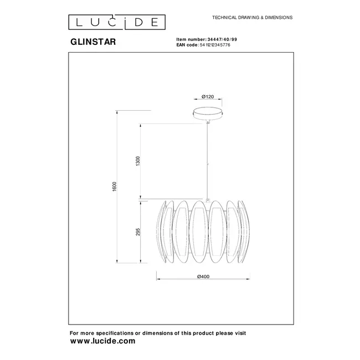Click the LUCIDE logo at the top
(x=117, y=22)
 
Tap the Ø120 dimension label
(x=208, y=97)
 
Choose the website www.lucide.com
(x=102, y=342)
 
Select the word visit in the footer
(x=239, y=333)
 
